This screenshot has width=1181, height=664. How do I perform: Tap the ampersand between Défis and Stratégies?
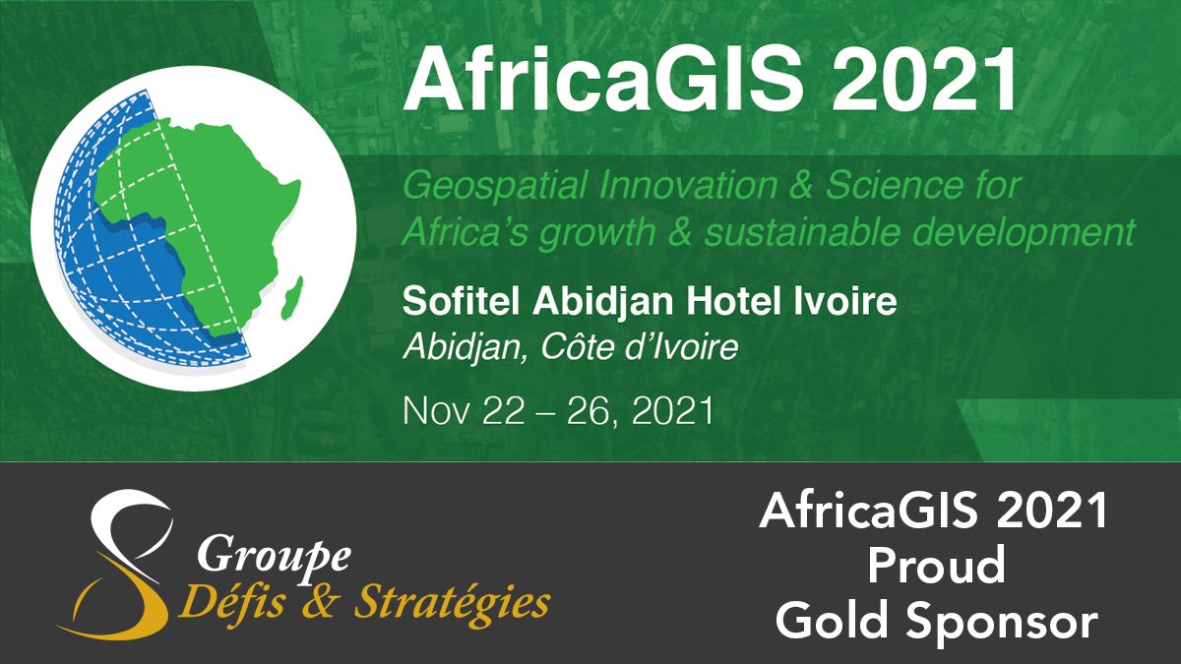(x=320, y=602)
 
